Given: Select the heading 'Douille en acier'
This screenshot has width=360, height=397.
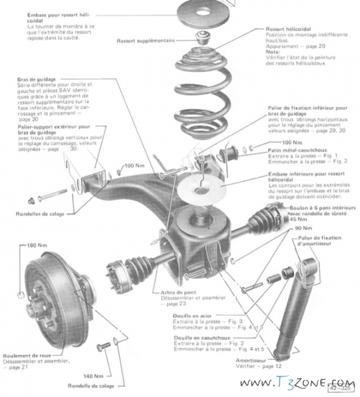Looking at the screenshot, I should (194, 316).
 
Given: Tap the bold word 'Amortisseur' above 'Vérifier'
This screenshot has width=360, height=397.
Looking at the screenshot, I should (252, 360).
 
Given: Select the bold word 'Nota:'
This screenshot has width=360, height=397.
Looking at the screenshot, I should (274, 53).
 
